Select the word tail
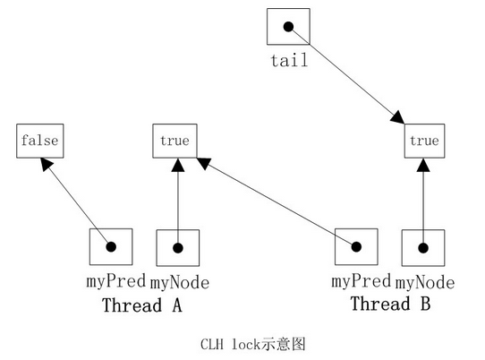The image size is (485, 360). (x=288, y=61)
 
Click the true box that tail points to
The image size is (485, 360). (x=424, y=141)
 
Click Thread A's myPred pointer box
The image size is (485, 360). (x=111, y=248)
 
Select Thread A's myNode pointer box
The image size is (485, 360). (x=177, y=248)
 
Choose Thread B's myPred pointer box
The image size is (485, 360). (x=356, y=248)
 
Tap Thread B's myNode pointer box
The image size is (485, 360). (x=424, y=248)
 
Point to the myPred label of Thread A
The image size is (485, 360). (x=111, y=281)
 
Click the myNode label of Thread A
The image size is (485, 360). (x=179, y=283)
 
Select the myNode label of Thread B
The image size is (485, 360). (x=425, y=283)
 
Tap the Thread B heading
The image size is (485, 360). (x=390, y=304)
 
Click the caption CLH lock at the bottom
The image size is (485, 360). (x=242, y=343)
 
